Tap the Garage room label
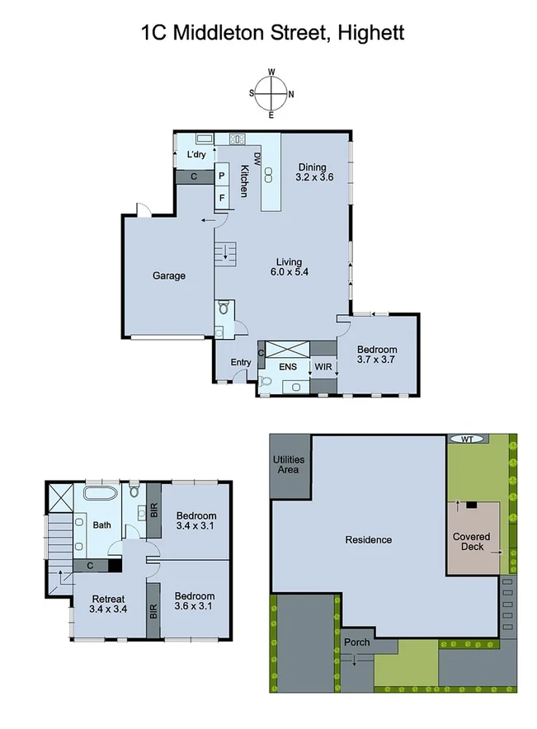click(168, 276)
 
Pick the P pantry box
click(222, 176)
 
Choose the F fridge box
click(222, 199)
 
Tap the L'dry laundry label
click(195, 155)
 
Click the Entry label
click(241, 363)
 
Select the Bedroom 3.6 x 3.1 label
click(195, 601)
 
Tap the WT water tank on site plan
click(468, 440)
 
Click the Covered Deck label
click(471, 542)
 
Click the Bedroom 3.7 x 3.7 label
click(376, 355)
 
